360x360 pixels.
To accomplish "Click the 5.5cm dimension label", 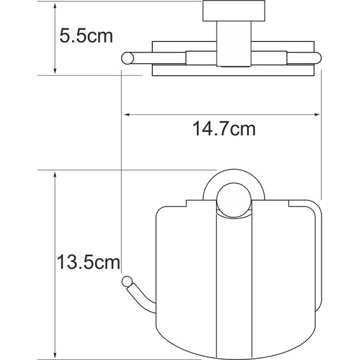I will click(x=86, y=36).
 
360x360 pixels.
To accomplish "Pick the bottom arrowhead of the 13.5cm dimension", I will click(x=56, y=355).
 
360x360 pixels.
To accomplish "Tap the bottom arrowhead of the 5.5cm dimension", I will click(x=56, y=71).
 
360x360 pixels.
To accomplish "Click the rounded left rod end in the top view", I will click(x=126, y=59).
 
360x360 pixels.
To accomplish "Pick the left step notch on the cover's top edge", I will click(x=188, y=203).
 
